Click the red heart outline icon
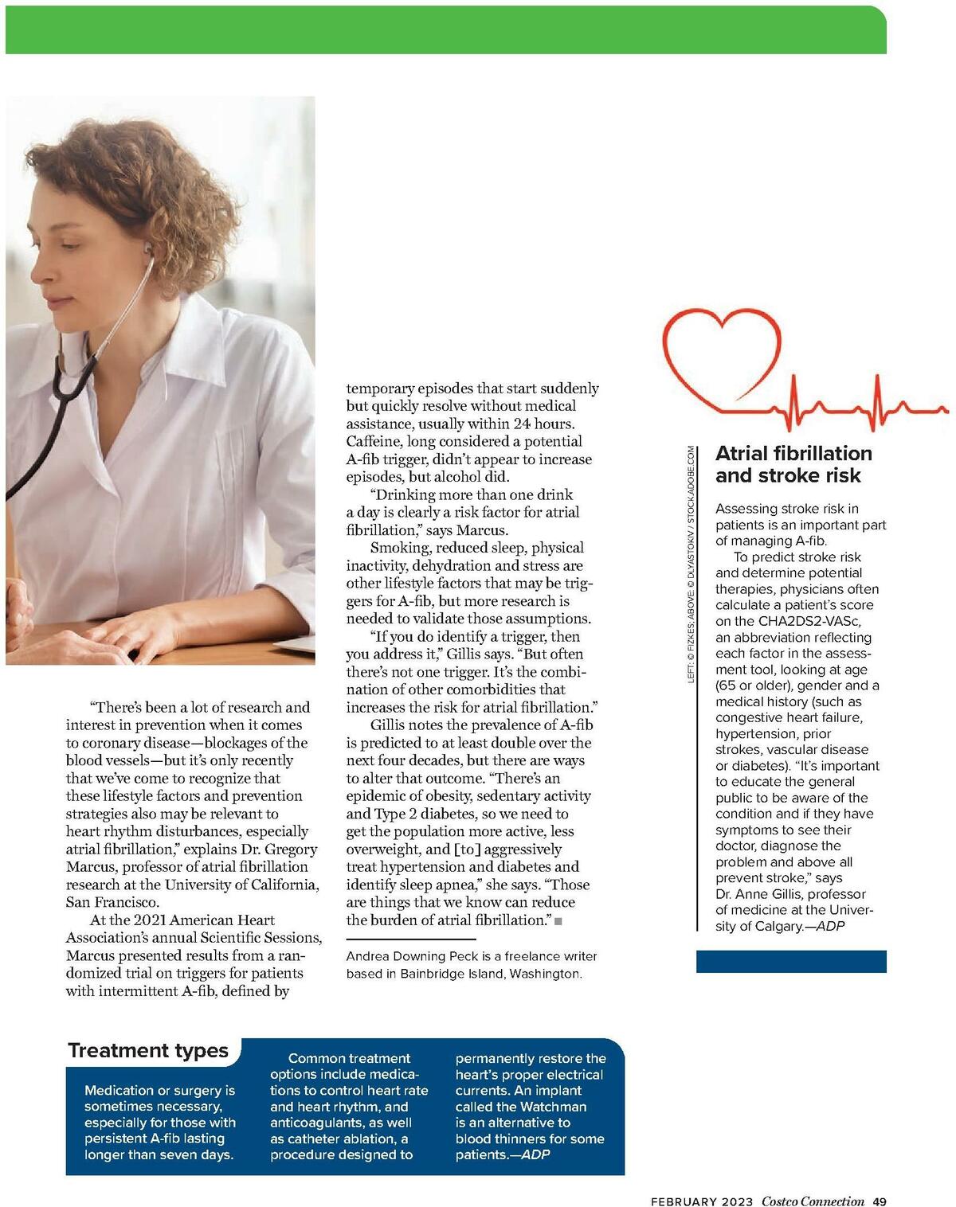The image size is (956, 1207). (x=721, y=350)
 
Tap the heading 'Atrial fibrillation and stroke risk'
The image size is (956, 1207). (x=793, y=464)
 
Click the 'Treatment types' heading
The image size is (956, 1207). (x=148, y=1050)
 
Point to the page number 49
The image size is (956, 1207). (x=879, y=1201)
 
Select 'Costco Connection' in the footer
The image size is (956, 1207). (x=813, y=1201)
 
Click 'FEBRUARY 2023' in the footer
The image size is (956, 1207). (x=701, y=1201)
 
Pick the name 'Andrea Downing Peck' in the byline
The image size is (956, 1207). (x=413, y=956)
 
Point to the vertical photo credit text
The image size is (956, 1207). (x=692, y=564)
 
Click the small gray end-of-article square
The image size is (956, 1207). (x=558, y=921)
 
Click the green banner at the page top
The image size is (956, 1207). (x=446, y=30)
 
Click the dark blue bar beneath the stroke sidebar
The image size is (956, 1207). (x=791, y=961)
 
